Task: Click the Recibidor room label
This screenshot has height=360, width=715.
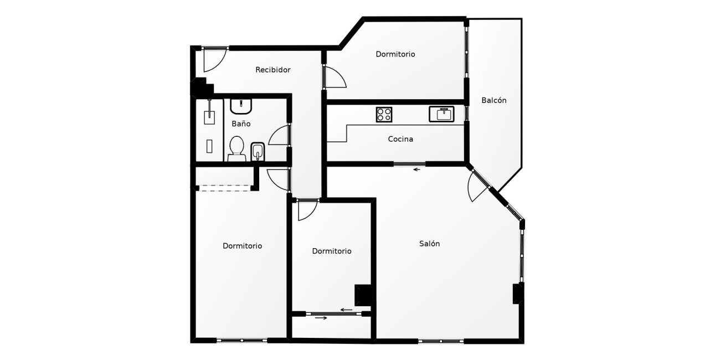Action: (273, 70)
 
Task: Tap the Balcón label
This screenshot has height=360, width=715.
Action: (494, 100)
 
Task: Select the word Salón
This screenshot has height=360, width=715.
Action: (429, 244)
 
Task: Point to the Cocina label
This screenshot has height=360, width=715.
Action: (400, 139)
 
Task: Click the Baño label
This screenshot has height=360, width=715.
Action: (241, 124)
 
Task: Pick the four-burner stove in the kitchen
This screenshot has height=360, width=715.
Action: (384, 115)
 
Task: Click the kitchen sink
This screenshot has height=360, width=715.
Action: (441, 114)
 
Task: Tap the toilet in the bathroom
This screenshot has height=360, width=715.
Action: (236, 149)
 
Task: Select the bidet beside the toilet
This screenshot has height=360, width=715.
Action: (258, 152)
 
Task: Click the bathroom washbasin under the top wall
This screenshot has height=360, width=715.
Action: (241, 106)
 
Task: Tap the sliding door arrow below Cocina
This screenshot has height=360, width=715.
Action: (417, 169)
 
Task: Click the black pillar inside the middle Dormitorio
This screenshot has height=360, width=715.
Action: (363, 295)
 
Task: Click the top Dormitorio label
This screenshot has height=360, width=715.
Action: (395, 54)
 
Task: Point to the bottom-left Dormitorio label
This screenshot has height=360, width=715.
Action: (242, 246)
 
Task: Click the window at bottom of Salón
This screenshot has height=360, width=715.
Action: (441, 341)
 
